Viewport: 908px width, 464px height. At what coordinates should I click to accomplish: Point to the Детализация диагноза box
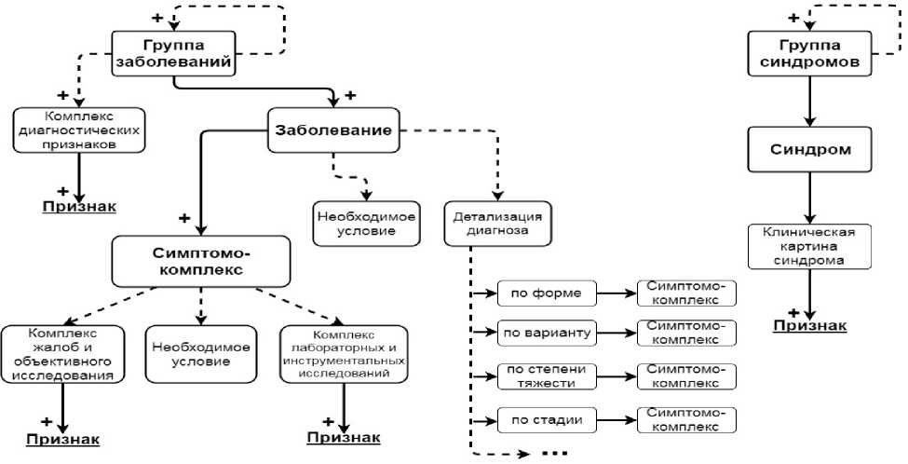[x=497, y=223]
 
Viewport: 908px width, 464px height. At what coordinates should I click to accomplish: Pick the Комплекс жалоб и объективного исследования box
[x=63, y=353]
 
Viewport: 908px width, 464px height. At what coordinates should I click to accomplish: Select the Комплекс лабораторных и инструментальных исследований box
[x=345, y=353]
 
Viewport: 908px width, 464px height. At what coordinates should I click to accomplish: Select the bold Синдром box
[x=811, y=149]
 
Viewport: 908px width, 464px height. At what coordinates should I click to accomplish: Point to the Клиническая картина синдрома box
[x=811, y=247]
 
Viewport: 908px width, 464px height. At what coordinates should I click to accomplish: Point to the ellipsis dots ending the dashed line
[x=553, y=454]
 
